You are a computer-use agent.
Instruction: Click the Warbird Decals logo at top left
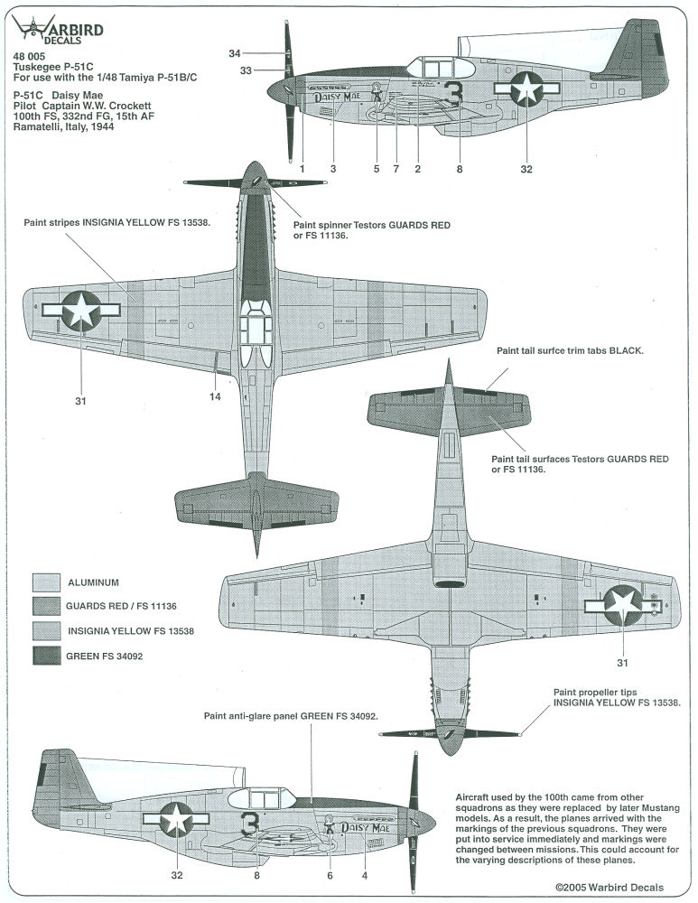tap(58, 30)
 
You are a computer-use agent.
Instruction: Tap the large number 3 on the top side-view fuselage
tap(454, 93)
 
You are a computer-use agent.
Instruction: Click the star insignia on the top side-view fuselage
tap(527, 88)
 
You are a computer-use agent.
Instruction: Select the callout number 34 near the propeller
tap(235, 53)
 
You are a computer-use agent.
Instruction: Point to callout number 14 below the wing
tap(215, 396)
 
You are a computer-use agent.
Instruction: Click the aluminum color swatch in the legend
tap(46, 582)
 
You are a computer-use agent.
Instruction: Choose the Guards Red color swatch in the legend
tap(46, 607)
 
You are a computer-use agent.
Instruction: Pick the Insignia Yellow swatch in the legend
tap(46, 631)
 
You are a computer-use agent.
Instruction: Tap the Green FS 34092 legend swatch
tap(46, 656)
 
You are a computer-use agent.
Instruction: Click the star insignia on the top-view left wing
tap(81, 311)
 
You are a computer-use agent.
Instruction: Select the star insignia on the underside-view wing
tap(623, 605)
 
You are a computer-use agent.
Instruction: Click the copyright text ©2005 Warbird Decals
tap(610, 888)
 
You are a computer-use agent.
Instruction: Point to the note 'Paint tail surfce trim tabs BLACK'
tap(570, 350)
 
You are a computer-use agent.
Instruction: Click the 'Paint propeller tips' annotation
tap(617, 697)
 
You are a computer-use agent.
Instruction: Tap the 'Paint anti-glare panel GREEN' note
tap(292, 716)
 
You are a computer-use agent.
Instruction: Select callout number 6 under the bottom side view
tap(330, 875)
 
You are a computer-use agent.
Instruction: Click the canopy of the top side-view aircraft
tap(441, 68)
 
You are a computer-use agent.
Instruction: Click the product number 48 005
tap(29, 56)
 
